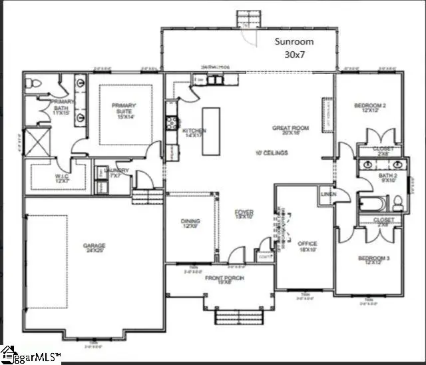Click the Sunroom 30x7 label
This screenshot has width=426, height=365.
click(294, 47)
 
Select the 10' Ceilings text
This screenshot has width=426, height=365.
click(271, 153)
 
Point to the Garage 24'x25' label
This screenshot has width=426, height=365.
click(95, 248)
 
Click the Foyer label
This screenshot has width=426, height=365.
click(244, 214)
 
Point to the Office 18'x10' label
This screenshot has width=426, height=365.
click(308, 246)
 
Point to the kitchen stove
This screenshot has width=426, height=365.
click(172, 122)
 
